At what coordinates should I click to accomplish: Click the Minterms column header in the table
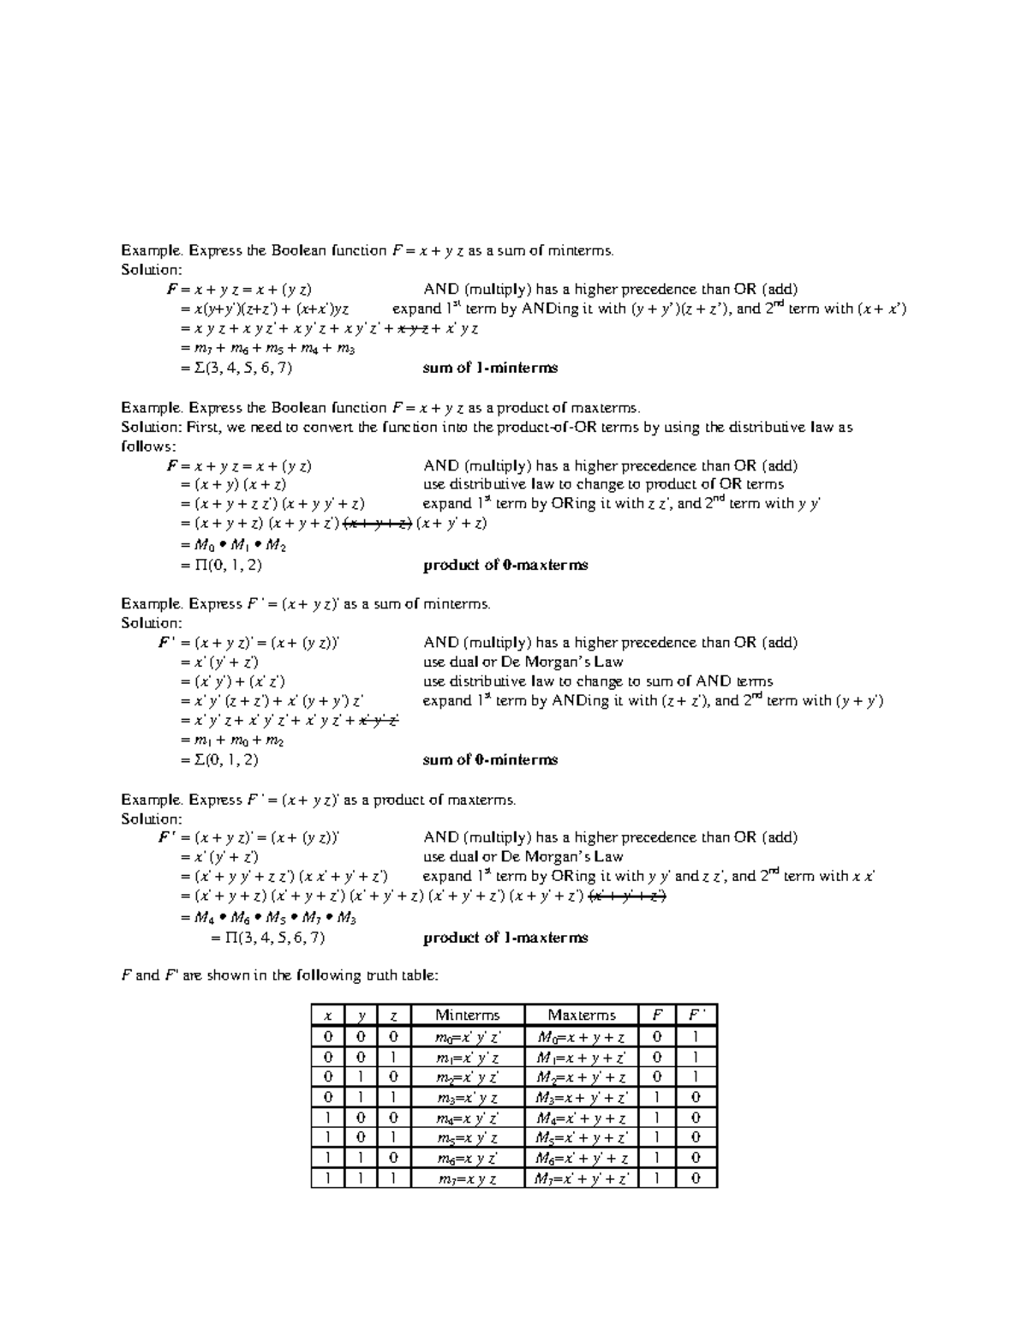click(467, 1016)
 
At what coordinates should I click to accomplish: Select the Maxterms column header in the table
click(582, 1016)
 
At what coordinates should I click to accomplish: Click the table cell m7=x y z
click(467, 1179)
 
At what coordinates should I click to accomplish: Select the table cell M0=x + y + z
click(582, 1037)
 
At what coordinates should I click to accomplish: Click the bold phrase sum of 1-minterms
click(490, 369)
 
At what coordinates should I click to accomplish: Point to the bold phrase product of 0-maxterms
click(505, 566)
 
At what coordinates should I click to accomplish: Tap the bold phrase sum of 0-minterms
click(490, 760)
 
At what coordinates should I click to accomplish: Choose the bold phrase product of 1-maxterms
click(505, 938)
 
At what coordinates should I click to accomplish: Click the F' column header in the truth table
click(696, 1016)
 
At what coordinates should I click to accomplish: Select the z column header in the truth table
click(393, 1016)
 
